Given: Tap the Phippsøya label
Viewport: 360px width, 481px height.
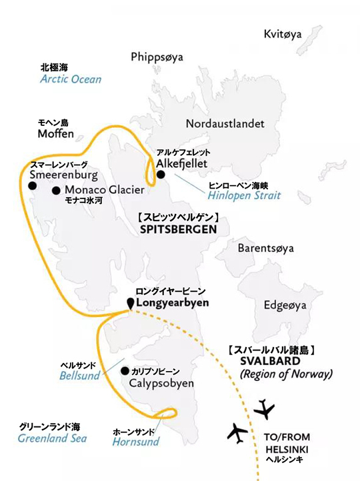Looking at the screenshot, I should tap(161, 56).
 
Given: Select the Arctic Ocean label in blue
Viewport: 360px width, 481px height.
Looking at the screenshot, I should tap(71, 79).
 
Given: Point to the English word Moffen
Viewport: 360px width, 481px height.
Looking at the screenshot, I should tap(56, 135).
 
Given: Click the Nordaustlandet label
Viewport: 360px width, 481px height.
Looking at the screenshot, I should tap(225, 124).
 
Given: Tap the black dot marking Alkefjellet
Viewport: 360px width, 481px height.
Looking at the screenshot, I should tap(161, 175).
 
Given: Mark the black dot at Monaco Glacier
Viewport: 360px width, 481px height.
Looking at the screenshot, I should tap(56, 190).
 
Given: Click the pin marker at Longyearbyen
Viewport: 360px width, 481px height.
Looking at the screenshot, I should tap(129, 304).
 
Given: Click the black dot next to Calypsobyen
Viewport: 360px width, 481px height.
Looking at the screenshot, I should tap(125, 370).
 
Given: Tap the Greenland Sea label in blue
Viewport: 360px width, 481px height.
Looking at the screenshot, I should tap(52, 438).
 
